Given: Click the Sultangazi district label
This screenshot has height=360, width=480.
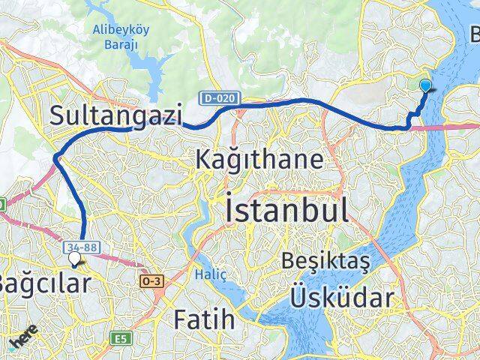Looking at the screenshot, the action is [116, 115].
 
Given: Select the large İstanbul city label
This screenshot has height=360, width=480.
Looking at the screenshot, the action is [286, 209].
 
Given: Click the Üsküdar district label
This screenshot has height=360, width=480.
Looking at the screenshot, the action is [341, 298].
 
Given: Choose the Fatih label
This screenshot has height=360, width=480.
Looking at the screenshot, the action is [205, 319].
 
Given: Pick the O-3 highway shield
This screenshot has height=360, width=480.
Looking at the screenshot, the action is [149, 280].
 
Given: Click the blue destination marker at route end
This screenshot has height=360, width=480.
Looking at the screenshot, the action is [426, 85].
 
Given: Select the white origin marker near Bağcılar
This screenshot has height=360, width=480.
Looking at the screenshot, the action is [74, 258].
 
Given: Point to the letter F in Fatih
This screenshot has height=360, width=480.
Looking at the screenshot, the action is [180, 319].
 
